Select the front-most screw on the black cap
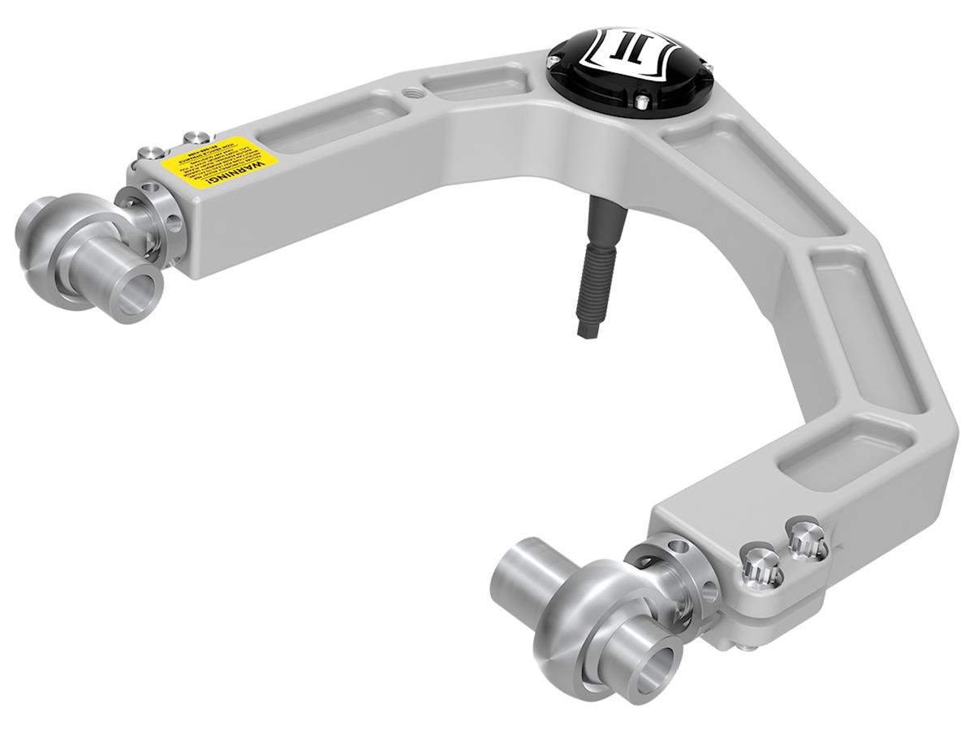pyautogui.click(x=640, y=101)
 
